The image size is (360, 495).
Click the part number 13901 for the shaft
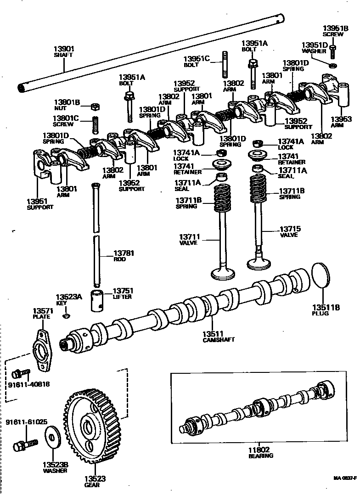click(x=64, y=49)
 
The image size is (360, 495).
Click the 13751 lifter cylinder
click(x=98, y=301)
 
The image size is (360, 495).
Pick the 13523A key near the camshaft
click(x=67, y=316)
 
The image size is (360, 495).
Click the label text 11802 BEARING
click(x=261, y=452)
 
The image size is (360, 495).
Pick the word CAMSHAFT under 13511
click(x=219, y=340)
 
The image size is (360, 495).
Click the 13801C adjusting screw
click(x=95, y=124)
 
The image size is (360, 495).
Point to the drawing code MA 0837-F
click(x=345, y=478)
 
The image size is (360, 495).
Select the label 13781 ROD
click(x=123, y=255)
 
